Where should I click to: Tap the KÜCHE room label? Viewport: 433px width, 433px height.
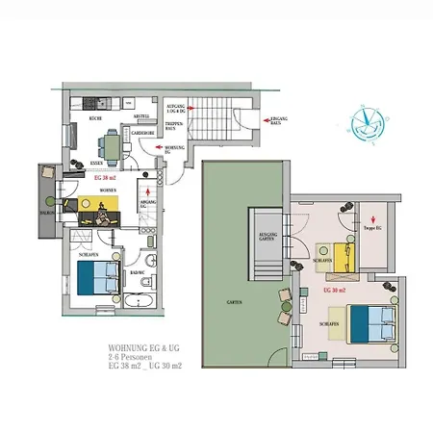tap(96, 117)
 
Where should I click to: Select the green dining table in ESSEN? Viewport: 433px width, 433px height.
tap(113, 145)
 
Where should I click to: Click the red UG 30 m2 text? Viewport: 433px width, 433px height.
tap(335, 290)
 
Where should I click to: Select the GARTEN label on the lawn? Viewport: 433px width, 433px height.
tap(234, 303)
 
